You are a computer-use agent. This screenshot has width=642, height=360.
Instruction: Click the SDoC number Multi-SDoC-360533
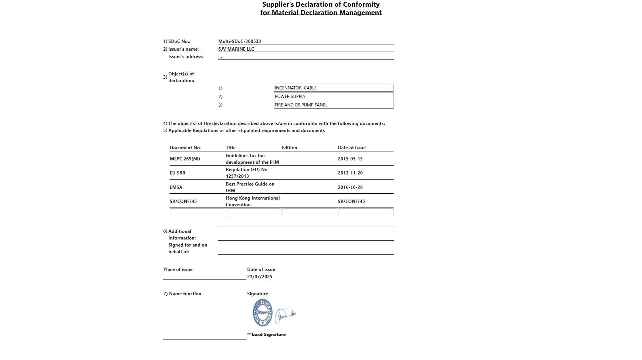(239, 41)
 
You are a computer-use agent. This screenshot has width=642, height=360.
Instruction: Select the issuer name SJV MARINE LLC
(236, 49)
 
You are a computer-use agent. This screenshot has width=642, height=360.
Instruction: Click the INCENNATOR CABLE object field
(333, 88)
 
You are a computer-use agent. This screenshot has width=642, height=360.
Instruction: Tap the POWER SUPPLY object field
(333, 96)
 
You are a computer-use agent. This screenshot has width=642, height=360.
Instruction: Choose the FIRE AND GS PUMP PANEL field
(333, 105)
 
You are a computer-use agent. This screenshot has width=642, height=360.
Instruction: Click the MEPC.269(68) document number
(185, 159)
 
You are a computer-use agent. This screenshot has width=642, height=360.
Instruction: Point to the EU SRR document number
(178, 173)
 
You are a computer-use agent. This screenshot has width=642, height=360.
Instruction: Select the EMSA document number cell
(176, 187)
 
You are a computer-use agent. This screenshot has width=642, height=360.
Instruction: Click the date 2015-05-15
(350, 159)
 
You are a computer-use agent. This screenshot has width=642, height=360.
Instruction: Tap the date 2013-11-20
(350, 173)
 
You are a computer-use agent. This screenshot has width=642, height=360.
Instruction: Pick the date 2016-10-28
(350, 187)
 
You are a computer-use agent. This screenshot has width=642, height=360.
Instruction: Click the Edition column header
(289, 148)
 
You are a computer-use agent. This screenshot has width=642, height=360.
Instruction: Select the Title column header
(230, 148)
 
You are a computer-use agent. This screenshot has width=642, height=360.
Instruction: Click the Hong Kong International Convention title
(253, 201)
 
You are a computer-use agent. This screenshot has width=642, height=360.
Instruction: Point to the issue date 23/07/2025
(260, 277)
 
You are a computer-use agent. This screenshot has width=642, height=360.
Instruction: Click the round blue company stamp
(262, 313)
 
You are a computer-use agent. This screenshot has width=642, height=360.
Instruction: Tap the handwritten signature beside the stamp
(285, 315)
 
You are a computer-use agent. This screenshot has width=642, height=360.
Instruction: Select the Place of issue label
(178, 269)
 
